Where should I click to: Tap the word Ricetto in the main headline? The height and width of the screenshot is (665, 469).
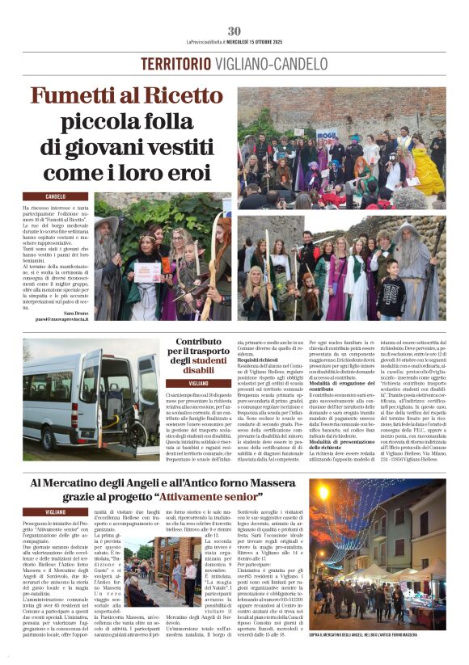pos(183,97)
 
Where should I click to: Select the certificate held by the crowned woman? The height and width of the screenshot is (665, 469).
pos(147,271)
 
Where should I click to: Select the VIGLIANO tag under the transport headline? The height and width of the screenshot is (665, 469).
pos(198,382)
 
